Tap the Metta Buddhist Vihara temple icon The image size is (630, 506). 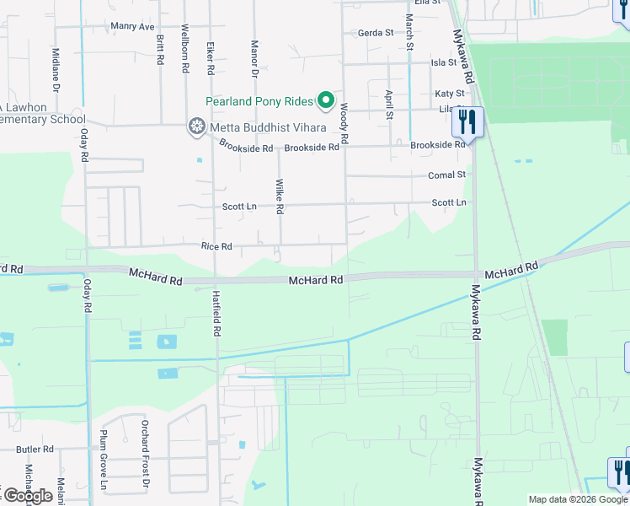196,127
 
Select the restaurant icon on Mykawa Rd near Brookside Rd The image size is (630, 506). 467,121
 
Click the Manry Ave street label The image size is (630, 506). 133,26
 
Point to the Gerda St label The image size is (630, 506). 376,34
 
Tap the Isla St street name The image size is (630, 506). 443,62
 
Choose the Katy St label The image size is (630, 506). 449,94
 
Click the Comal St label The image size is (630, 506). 446,175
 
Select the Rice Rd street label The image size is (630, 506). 216,246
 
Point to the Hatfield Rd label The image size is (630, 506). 216,314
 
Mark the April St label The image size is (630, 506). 388,105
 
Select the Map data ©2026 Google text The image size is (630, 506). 578,499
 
